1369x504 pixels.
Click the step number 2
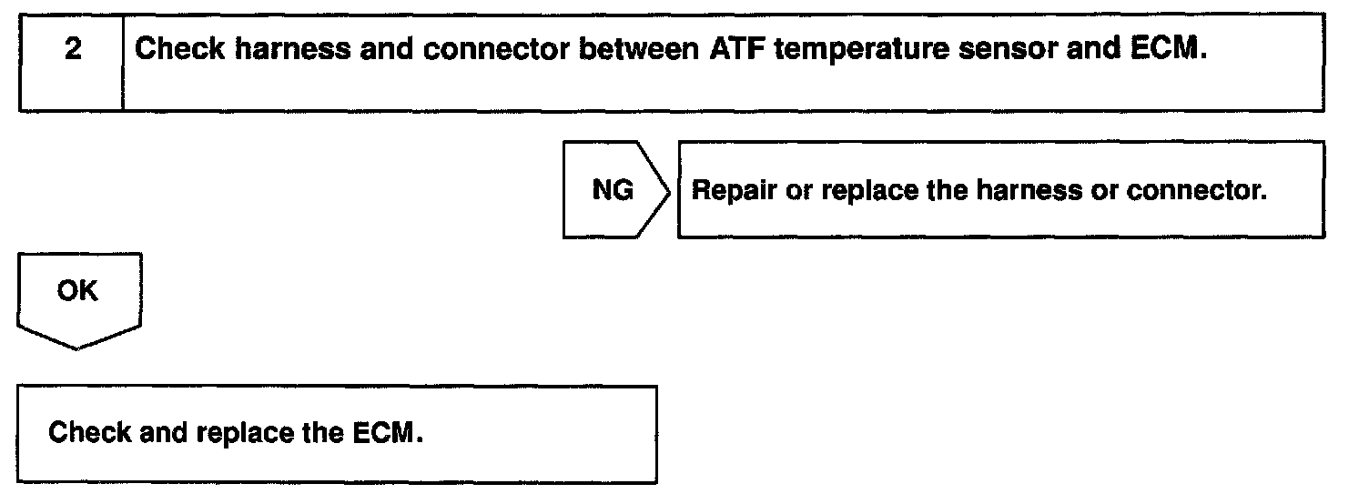tap(72, 49)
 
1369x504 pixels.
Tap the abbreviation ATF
tap(734, 49)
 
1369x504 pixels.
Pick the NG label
tap(613, 191)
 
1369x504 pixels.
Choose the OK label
tap(78, 292)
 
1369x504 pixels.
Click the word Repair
tap(729, 192)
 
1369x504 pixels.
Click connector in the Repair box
tap(1197, 191)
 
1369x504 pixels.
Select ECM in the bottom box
tap(387, 432)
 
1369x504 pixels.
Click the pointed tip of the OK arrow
tap(78, 348)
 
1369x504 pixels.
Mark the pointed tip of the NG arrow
tap(671, 191)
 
